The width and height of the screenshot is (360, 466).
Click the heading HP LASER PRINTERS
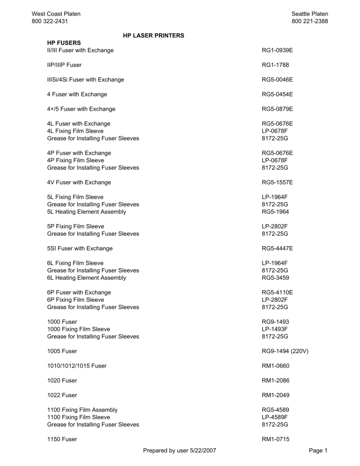(x=153, y=35)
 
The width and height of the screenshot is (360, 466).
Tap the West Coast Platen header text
(x=54, y=14)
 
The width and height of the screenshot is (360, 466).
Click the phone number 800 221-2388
(x=309, y=22)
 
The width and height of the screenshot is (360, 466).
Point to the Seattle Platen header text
(x=310, y=14)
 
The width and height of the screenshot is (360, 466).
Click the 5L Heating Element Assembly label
(x=87, y=212)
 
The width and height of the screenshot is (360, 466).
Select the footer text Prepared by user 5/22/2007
(x=180, y=451)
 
